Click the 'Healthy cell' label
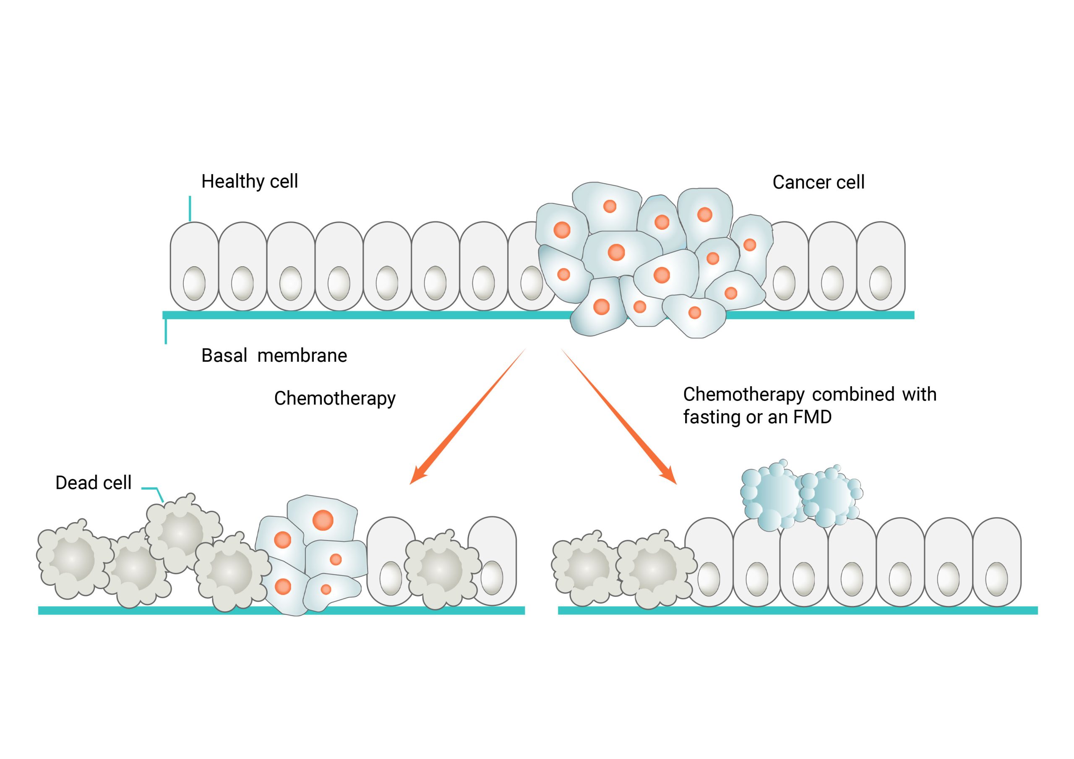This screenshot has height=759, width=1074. (249, 182)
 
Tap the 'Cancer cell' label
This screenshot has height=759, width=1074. (818, 182)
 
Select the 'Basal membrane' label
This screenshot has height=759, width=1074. (274, 356)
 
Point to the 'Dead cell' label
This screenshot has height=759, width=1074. (93, 483)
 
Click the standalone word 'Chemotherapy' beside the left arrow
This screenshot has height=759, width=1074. (334, 398)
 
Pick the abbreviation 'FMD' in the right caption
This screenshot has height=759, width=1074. (812, 417)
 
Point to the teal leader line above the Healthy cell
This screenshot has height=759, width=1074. (190, 208)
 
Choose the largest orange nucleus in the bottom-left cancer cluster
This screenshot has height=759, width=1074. (323, 520)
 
